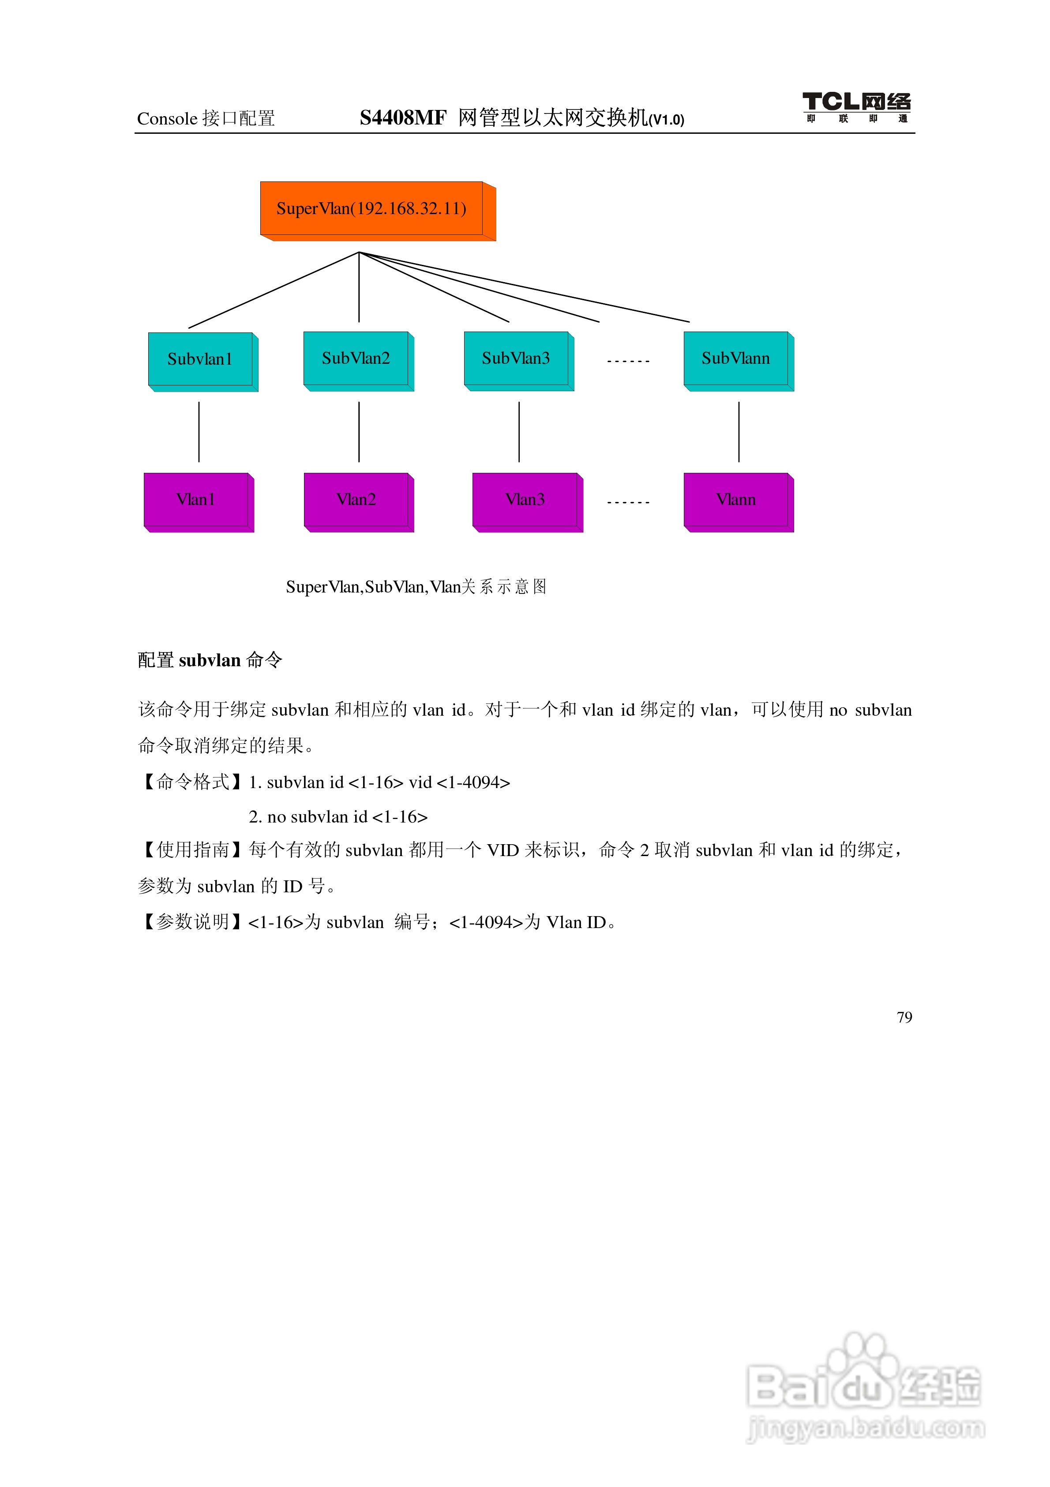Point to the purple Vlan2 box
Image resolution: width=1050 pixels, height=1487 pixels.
356,499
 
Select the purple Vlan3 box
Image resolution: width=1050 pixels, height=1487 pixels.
525,499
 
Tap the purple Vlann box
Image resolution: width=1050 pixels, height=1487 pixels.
736,499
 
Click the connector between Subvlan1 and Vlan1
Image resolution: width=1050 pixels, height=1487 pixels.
199,431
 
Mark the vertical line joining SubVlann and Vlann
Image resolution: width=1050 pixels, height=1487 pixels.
739,431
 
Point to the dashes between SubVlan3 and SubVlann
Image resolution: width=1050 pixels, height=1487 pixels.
628,361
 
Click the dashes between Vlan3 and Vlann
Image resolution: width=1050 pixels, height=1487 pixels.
628,502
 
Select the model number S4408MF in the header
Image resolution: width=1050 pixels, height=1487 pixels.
403,118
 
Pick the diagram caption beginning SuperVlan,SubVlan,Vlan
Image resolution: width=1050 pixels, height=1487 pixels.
416,587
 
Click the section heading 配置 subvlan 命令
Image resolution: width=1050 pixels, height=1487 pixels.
210,660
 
